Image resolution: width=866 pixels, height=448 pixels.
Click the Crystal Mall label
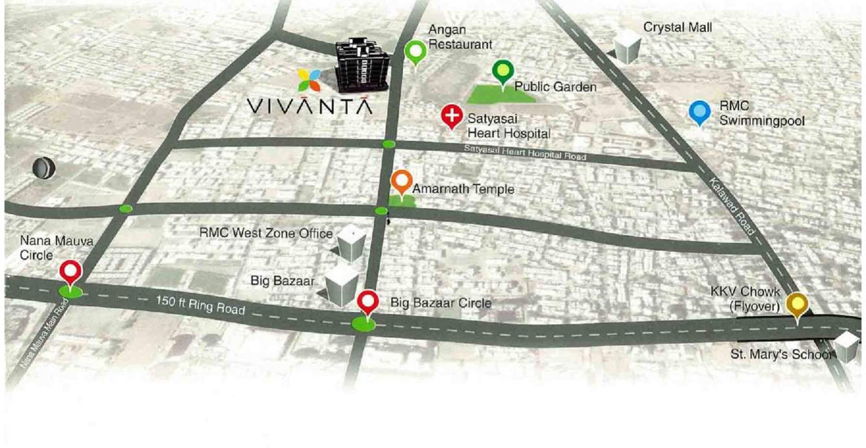click(x=677, y=27)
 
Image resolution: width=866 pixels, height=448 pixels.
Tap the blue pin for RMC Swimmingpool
click(x=699, y=112)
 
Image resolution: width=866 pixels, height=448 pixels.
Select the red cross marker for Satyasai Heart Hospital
click(x=451, y=117)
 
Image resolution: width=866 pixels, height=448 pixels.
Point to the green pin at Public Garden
click(x=502, y=71)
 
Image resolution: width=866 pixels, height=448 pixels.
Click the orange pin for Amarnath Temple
click(x=402, y=182)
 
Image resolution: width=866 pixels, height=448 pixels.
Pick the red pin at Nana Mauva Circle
click(x=70, y=273)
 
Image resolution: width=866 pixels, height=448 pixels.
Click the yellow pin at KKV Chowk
click(x=797, y=304)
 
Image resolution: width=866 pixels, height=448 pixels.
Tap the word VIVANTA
click(x=310, y=106)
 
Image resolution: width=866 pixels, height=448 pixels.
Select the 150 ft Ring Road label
click(x=200, y=305)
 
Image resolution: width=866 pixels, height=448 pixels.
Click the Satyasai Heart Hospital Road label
click(x=524, y=153)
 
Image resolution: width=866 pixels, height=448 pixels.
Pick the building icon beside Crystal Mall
click(x=627, y=46)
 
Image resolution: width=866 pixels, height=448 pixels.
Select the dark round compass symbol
click(x=44, y=168)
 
